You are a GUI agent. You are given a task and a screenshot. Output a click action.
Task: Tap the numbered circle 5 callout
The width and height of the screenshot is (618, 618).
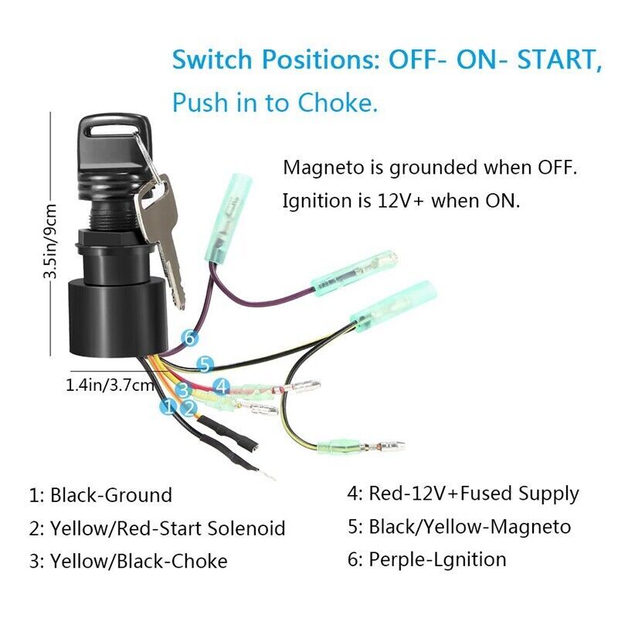[x=204, y=364]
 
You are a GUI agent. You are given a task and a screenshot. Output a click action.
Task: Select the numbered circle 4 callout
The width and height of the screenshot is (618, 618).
[x=221, y=384]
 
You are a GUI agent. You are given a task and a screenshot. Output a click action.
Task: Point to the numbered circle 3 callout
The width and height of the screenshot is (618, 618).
[x=183, y=390]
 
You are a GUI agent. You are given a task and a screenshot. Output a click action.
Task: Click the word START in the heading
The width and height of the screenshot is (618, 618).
[x=546, y=59]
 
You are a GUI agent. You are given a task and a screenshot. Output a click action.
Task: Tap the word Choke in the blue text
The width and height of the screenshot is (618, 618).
[x=341, y=103]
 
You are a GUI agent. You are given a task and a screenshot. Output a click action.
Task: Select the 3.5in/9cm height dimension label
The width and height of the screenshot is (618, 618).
[x=51, y=240]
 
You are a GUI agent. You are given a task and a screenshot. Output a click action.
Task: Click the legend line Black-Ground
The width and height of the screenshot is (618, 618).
[x=100, y=494]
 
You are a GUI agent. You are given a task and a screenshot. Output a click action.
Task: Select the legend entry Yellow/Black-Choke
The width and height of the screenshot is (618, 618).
[x=128, y=562]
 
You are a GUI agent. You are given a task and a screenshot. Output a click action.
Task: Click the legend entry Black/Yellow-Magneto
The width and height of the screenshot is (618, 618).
[x=459, y=527]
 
